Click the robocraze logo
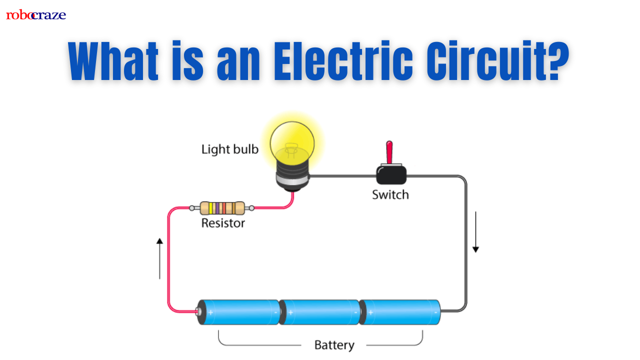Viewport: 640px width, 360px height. (x=36, y=15)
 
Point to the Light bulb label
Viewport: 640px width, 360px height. (x=229, y=149)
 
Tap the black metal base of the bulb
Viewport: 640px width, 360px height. (x=293, y=179)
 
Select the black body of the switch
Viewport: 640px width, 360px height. (x=391, y=175)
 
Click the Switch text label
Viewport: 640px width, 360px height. (x=390, y=194)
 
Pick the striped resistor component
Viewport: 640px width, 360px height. (x=222, y=208)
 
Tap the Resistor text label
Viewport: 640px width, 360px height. (x=223, y=223)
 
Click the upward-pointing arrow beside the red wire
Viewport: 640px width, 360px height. (x=159, y=257)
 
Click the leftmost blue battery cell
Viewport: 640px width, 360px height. (x=239, y=312)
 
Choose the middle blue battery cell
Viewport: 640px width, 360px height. (x=320, y=312)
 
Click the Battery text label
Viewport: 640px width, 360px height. (x=334, y=345)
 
